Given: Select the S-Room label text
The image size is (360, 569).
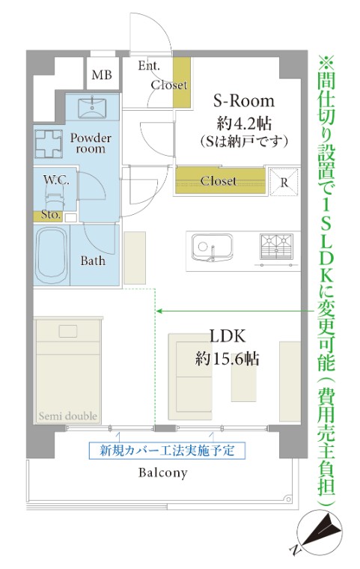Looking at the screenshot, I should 244,101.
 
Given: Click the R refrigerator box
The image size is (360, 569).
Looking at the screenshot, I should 284,180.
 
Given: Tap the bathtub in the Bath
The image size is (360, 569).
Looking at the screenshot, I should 52,255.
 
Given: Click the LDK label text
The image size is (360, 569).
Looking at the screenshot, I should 228,337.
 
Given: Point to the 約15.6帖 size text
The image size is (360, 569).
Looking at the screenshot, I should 228,359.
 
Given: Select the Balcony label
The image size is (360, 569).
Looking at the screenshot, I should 162,473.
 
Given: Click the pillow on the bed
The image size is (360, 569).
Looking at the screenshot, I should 68,331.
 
